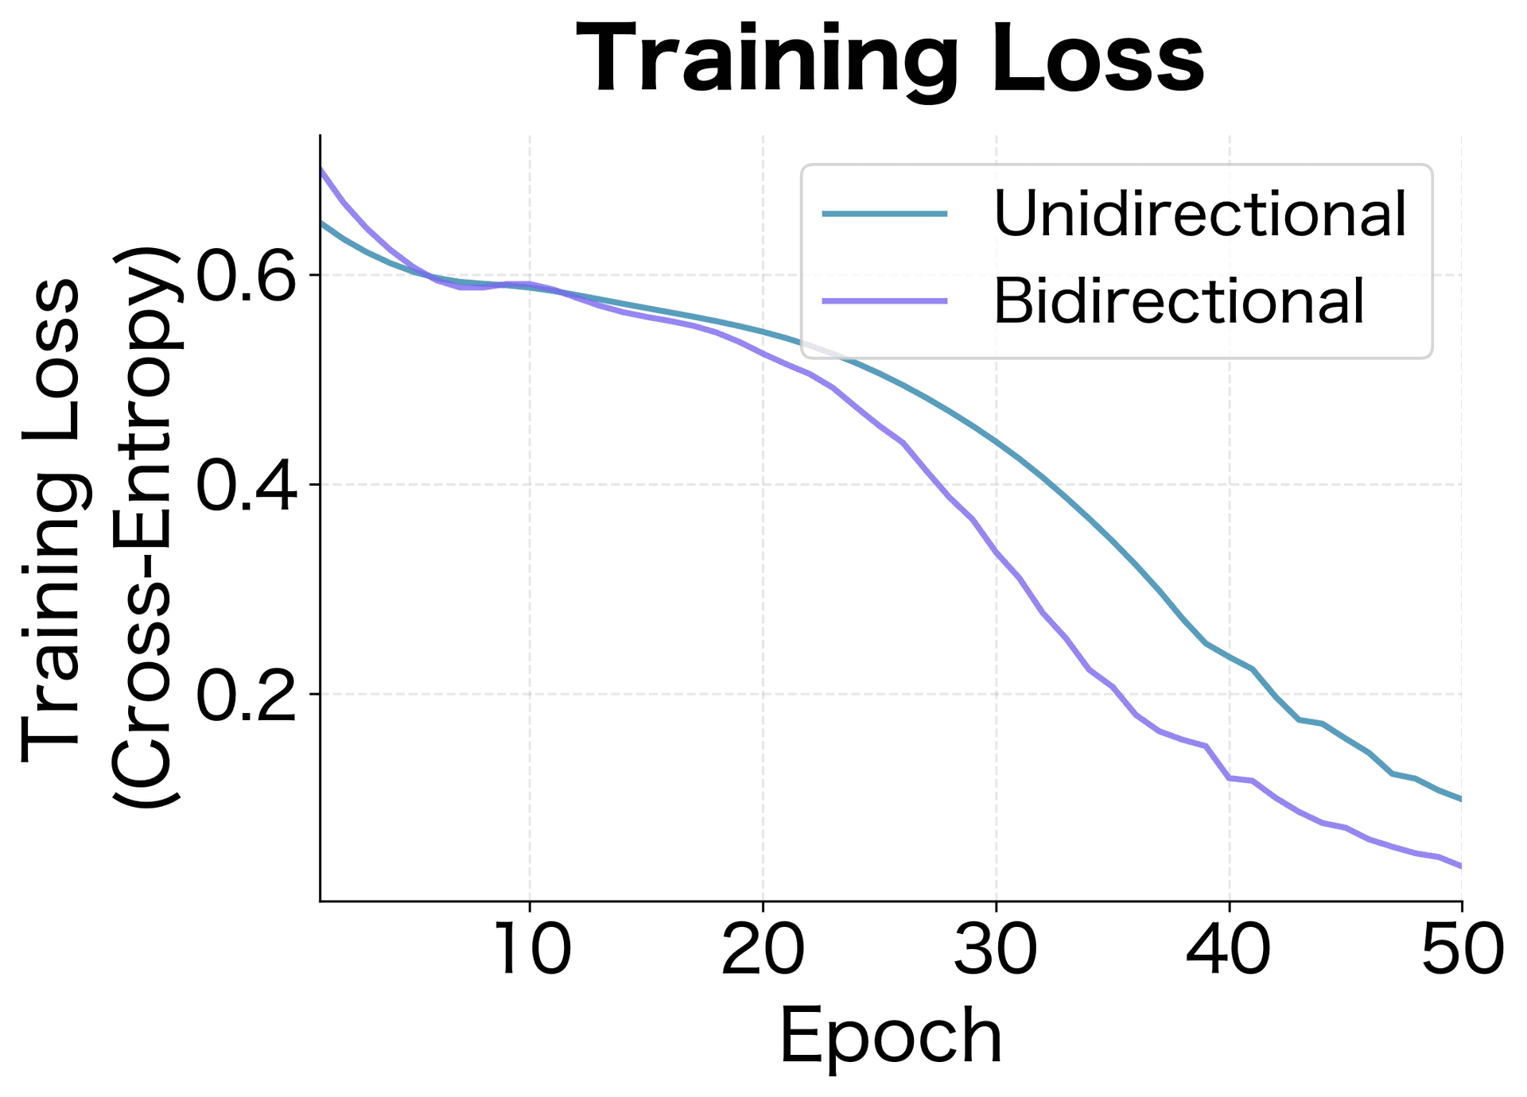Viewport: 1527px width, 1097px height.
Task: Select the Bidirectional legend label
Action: click(x=1179, y=301)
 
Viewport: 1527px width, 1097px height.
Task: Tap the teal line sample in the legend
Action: click(x=884, y=214)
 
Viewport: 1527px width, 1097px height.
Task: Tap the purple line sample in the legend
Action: click(x=884, y=301)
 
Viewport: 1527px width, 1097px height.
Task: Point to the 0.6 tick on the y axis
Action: click(x=245, y=275)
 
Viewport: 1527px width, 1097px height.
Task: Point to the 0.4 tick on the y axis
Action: click(x=245, y=484)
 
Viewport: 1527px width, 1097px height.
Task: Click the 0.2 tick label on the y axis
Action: click(x=245, y=694)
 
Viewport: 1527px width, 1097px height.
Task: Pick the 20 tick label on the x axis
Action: click(x=763, y=950)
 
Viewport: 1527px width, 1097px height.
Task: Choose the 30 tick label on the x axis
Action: click(x=996, y=950)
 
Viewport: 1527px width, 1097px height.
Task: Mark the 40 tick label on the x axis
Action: click(x=1229, y=950)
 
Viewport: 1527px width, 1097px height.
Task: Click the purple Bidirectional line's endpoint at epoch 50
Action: click(x=1461, y=866)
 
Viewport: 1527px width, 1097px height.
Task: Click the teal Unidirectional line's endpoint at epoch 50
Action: click(x=1461, y=799)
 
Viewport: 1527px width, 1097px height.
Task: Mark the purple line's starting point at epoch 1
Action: click(x=321, y=169)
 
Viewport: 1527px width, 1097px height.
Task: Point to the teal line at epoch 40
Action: click(x=1230, y=657)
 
